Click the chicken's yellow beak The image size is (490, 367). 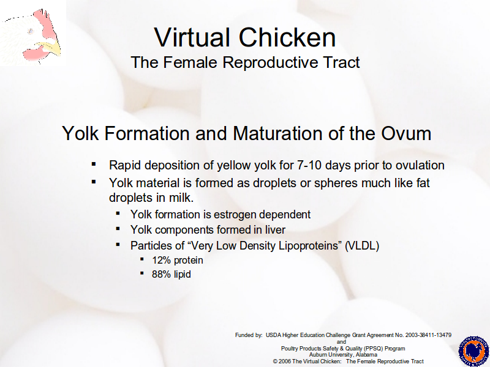click(x=51, y=48)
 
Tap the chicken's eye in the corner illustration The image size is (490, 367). click(x=31, y=31)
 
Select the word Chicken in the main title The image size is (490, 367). click(x=287, y=37)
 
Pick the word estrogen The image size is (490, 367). click(x=235, y=215)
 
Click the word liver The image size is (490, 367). click(x=275, y=230)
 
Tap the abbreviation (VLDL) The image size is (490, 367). click(x=362, y=246)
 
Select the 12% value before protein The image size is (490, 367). click(x=161, y=260)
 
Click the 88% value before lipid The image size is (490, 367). click(x=162, y=274)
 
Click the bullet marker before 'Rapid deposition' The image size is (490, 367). click(x=94, y=164)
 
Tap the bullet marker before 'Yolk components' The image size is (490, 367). click(x=118, y=229)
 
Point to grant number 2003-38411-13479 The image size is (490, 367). click(x=428, y=335)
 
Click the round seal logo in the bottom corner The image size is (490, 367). click(x=473, y=351)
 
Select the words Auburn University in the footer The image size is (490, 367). click(x=331, y=355)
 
